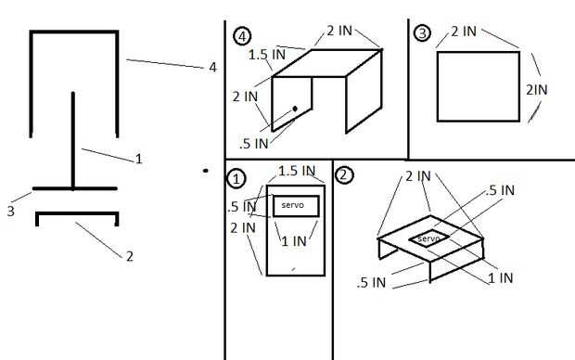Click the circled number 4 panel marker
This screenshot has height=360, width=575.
(242, 36)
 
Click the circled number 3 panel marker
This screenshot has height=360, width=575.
(423, 33)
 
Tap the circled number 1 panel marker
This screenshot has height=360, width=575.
(236, 179)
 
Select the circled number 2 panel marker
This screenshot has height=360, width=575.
(344, 175)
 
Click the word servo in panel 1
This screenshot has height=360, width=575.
(293, 205)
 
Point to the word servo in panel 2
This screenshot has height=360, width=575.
(428, 238)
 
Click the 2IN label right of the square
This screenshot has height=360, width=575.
(537, 90)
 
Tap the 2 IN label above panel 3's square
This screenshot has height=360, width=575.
(464, 32)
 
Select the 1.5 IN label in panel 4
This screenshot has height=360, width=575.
(267, 55)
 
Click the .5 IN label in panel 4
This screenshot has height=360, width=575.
(254, 144)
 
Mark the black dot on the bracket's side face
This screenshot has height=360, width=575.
(295, 109)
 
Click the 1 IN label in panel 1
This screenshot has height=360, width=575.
(294, 241)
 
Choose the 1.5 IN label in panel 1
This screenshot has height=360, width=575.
(297, 171)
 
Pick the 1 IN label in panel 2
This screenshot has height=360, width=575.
(501, 277)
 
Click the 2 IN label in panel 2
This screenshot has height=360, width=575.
(418, 176)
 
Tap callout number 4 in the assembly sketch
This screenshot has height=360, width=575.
(212, 68)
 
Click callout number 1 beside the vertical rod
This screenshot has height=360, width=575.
(138, 159)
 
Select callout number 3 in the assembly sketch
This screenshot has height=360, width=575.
(10, 211)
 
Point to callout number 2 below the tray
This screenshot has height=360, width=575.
(130, 256)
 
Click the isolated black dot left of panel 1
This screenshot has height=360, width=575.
(206, 171)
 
